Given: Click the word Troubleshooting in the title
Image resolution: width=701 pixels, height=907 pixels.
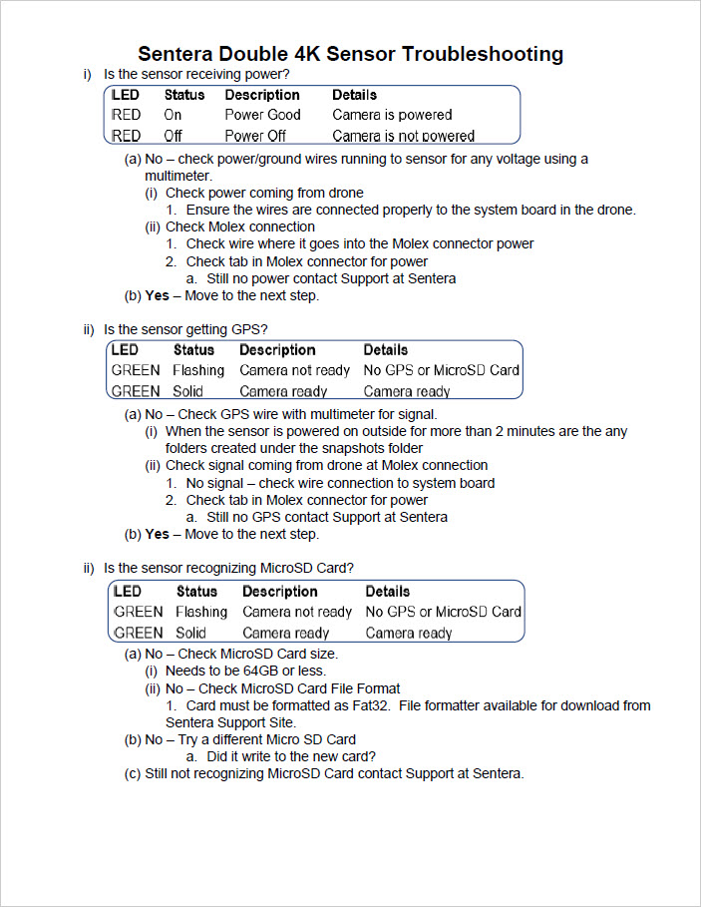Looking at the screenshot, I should coord(482,54).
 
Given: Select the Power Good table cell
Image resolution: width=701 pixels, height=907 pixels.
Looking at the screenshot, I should coord(262,115).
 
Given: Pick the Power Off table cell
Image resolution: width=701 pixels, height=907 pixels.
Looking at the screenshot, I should coord(255,136).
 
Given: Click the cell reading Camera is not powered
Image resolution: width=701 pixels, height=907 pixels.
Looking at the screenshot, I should coord(403,136).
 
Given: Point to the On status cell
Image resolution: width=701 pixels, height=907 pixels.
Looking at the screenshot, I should coord(173,115).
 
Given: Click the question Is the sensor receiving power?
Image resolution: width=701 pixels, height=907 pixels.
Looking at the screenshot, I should coord(196,75).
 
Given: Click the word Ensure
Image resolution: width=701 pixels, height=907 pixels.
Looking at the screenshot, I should coord(209,210).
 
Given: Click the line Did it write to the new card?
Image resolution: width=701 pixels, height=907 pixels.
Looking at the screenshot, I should coord(290,756).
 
